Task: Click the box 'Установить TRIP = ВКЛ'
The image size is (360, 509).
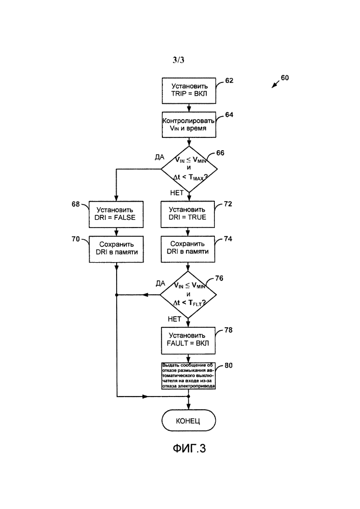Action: coord(189,90)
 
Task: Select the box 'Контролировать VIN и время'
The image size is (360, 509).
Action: coord(189,125)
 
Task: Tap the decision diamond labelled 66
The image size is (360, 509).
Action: coord(189,167)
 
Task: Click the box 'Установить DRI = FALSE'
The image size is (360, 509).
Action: coord(117,213)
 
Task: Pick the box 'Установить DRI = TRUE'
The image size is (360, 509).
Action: coord(189,213)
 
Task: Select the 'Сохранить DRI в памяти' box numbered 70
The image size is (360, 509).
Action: coord(117,248)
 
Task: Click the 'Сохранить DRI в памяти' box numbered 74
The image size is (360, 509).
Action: coord(189,248)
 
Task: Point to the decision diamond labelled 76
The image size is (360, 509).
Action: coord(189,295)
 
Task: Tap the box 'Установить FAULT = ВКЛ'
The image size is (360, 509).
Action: coord(189,338)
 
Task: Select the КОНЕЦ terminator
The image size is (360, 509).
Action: coord(189,421)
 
